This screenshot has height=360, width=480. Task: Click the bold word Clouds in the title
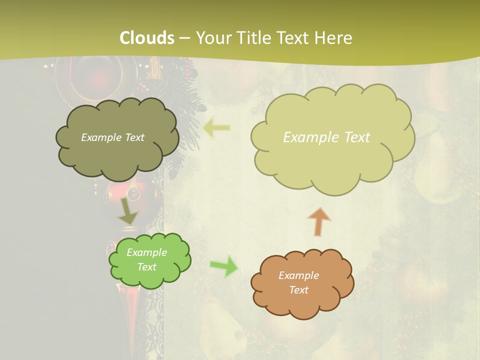point(147,38)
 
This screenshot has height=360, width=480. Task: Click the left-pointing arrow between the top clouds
point(217,128)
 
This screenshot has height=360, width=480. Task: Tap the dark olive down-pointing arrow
point(128,210)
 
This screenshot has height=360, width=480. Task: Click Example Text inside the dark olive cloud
point(112,137)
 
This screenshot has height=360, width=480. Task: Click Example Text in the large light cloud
point(326,137)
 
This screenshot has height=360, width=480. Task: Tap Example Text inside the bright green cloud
point(146,259)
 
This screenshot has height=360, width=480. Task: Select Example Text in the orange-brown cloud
point(298,282)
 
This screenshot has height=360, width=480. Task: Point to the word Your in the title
point(211,38)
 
